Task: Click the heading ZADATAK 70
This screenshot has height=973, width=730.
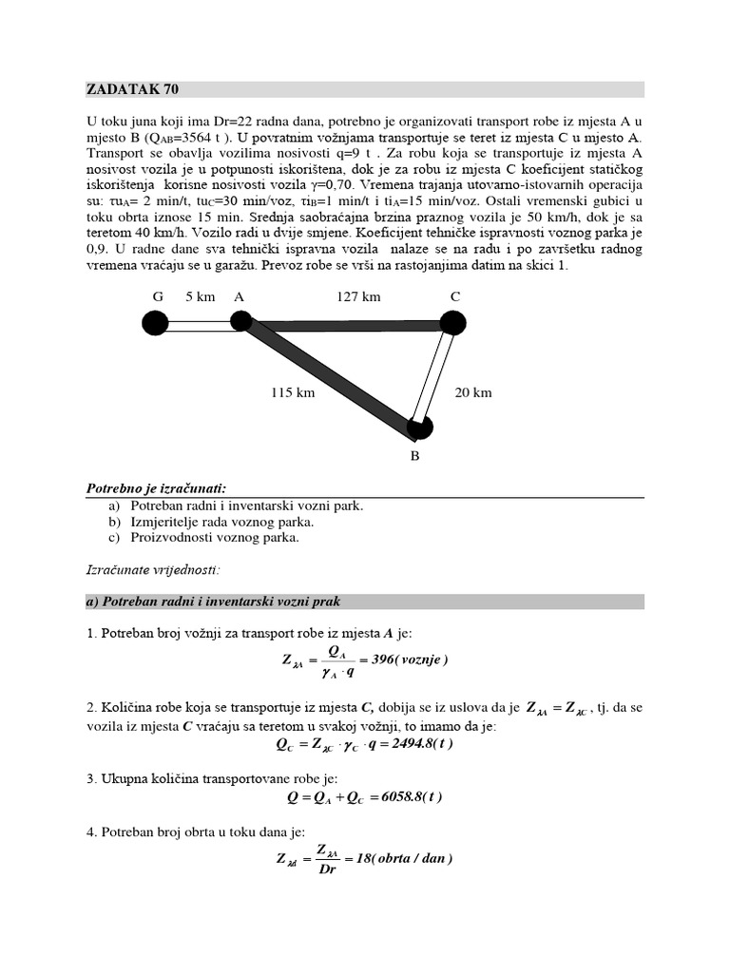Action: pos(132,90)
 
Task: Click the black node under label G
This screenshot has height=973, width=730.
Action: pos(155,324)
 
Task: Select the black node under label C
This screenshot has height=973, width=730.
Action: pos(453,323)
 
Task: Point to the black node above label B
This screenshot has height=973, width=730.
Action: pos(419,429)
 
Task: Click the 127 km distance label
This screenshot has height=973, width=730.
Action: pos(358,296)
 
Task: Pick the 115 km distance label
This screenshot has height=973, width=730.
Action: pos(292,391)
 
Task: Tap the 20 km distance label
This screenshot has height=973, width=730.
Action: pos(472,391)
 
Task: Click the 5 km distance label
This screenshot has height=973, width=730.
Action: pos(201,296)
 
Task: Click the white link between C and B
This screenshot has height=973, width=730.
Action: pos(435,376)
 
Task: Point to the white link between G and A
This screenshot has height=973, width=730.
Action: pos(197,325)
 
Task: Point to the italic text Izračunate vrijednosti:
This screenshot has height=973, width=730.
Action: pos(153,570)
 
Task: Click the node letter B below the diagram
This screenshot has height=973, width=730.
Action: pos(414,456)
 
